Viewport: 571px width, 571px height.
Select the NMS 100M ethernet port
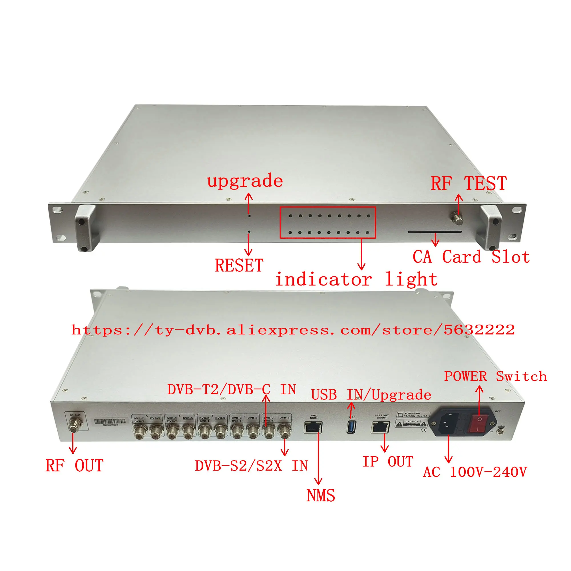coord(313,427)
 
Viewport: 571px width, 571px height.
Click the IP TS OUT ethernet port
coord(380,427)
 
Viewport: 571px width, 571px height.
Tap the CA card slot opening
coord(435,232)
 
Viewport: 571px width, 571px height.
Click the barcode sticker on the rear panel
coord(110,422)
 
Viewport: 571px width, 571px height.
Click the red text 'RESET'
coord(239,265)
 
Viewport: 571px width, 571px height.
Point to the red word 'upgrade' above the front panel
coord(245,181)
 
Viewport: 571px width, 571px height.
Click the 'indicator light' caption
coord(356,279)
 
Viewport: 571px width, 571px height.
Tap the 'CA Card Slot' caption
coord(471,257)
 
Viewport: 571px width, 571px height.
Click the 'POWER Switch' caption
coord(495,376)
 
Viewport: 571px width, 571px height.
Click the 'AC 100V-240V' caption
coord(475,472)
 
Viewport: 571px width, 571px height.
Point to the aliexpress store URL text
coord(293,330)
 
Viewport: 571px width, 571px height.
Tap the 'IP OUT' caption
coord(387,462)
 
